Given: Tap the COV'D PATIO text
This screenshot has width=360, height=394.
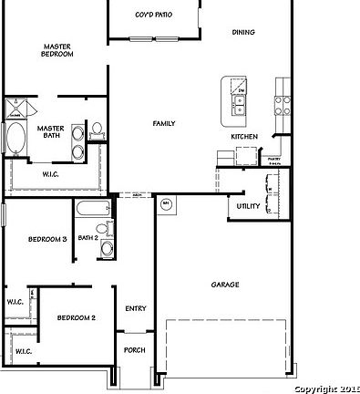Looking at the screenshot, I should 152,16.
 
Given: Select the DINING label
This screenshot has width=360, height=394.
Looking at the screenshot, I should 243,32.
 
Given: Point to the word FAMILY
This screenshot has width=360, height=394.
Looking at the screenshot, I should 164,123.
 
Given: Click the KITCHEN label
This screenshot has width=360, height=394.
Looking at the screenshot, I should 243,137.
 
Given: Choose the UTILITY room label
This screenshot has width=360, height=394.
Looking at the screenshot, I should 248,206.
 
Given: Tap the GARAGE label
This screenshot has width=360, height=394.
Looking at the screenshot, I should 225,285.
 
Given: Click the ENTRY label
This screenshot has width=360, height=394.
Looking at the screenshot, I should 136,308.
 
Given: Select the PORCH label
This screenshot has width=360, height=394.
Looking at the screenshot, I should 135,349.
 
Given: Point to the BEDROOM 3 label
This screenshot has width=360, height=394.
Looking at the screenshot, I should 47,239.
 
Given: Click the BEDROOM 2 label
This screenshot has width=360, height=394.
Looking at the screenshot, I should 77,317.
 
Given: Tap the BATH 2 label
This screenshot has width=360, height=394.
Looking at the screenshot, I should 87,237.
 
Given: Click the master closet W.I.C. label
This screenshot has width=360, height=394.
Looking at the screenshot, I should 51,171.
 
